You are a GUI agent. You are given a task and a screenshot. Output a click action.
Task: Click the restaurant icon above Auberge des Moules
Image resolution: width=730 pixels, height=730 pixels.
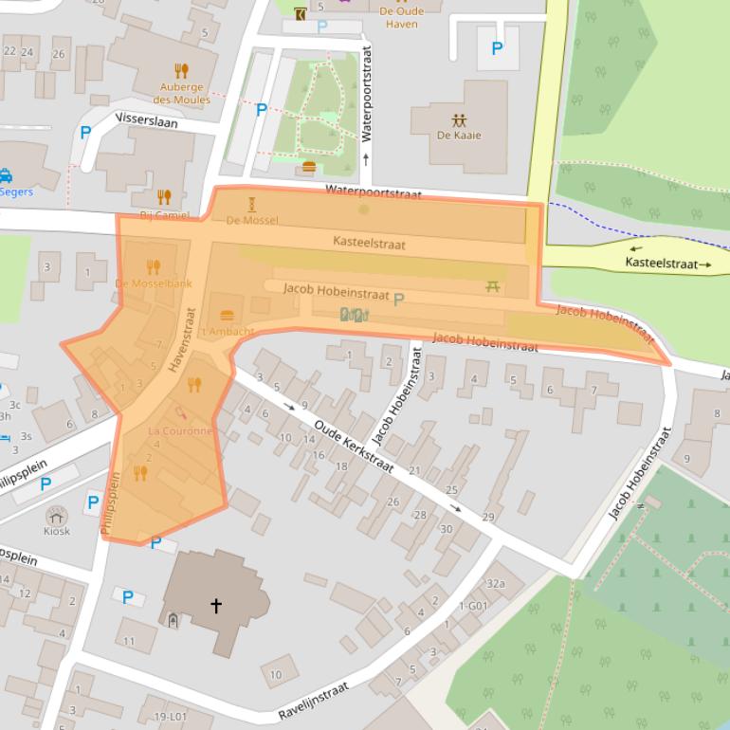(x=182, y=70)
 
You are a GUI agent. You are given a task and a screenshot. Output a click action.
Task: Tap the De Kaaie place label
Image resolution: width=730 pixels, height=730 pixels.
(x=459, y=135)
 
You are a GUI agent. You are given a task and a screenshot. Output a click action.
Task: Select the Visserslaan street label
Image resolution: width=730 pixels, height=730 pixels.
(x=146, y=119)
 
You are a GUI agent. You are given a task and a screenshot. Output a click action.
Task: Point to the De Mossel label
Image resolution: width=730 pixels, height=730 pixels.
(x=252, y=220)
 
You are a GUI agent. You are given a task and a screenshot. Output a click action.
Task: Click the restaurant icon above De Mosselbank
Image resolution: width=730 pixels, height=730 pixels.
(x=154, y=267)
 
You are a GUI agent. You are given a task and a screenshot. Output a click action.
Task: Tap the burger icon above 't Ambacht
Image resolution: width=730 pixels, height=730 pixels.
(x=227, y=316)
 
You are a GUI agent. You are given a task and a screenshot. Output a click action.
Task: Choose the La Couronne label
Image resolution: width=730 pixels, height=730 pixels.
(x=180, y=430)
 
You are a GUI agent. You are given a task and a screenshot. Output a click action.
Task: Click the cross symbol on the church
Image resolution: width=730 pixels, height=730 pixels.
(x=216, y=605)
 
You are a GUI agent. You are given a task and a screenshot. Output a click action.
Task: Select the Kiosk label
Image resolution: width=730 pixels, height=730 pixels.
(x=57, y=532)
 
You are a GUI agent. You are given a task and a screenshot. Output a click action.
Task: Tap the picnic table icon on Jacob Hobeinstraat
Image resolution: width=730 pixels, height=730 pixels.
(x=492, y=285)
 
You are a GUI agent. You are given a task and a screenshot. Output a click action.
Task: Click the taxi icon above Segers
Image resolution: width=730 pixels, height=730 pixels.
(x=7, y=176)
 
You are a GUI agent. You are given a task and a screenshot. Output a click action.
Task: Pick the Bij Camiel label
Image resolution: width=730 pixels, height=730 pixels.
(x=164, y=215)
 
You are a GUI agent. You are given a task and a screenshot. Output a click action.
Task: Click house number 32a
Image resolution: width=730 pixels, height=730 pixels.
(x=495, y=584)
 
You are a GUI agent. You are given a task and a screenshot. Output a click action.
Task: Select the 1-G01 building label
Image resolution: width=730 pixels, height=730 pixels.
(x=472, y=606)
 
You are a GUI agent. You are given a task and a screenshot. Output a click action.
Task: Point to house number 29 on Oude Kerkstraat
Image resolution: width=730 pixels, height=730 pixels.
(x=488, y=517)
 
